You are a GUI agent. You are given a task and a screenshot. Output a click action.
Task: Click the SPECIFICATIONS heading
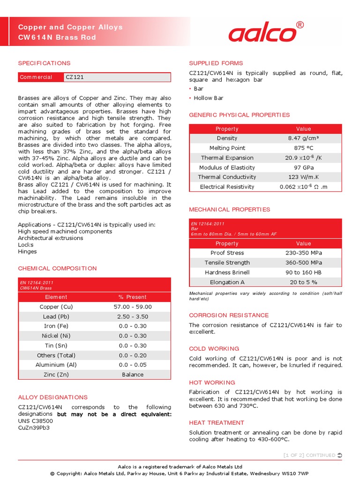[44, 63]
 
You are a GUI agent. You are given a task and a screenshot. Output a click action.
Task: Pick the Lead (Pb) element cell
[56, 316]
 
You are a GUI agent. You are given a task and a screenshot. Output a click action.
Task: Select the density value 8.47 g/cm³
[303, 138]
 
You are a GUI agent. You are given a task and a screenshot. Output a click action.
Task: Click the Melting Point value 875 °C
[303, 148]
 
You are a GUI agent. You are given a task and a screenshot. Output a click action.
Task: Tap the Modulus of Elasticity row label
[227, 167]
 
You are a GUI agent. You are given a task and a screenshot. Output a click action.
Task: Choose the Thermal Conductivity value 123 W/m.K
[303, 177]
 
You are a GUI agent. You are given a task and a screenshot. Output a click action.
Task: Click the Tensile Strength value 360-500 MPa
[303, 262]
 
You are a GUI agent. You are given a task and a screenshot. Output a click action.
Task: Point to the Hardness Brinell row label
[227, 272]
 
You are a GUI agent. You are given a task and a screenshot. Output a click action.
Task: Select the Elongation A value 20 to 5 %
[303, 282]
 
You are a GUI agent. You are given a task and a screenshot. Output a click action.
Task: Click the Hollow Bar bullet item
[209, 98]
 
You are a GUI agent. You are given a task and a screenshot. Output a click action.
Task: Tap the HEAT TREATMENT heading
[217, 423]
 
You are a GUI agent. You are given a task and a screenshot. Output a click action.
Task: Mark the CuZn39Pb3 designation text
[34, 427]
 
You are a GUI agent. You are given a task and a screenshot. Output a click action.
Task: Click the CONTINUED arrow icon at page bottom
[340, 455]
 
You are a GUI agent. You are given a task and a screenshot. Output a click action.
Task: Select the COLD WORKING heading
[214, 349]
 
